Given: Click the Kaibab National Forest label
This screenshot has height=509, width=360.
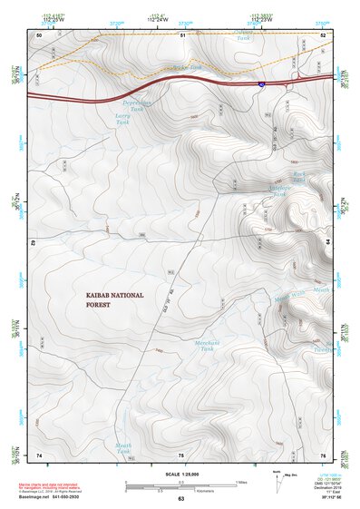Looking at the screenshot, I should tap(114, 299).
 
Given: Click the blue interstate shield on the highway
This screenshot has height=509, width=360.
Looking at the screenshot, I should tap(261, 83).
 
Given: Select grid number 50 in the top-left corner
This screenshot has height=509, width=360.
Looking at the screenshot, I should tap(39, 34).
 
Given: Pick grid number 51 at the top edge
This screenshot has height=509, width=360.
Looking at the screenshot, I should tap(182, 34).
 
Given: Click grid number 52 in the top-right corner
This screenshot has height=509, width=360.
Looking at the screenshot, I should tap(323, 34).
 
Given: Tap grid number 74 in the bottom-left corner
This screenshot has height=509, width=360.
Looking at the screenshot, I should tap(39, 454).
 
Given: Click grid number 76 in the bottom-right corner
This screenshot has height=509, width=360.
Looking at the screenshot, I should tap(323, 454).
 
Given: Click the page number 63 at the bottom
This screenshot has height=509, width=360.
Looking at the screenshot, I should tap(180, 498).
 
